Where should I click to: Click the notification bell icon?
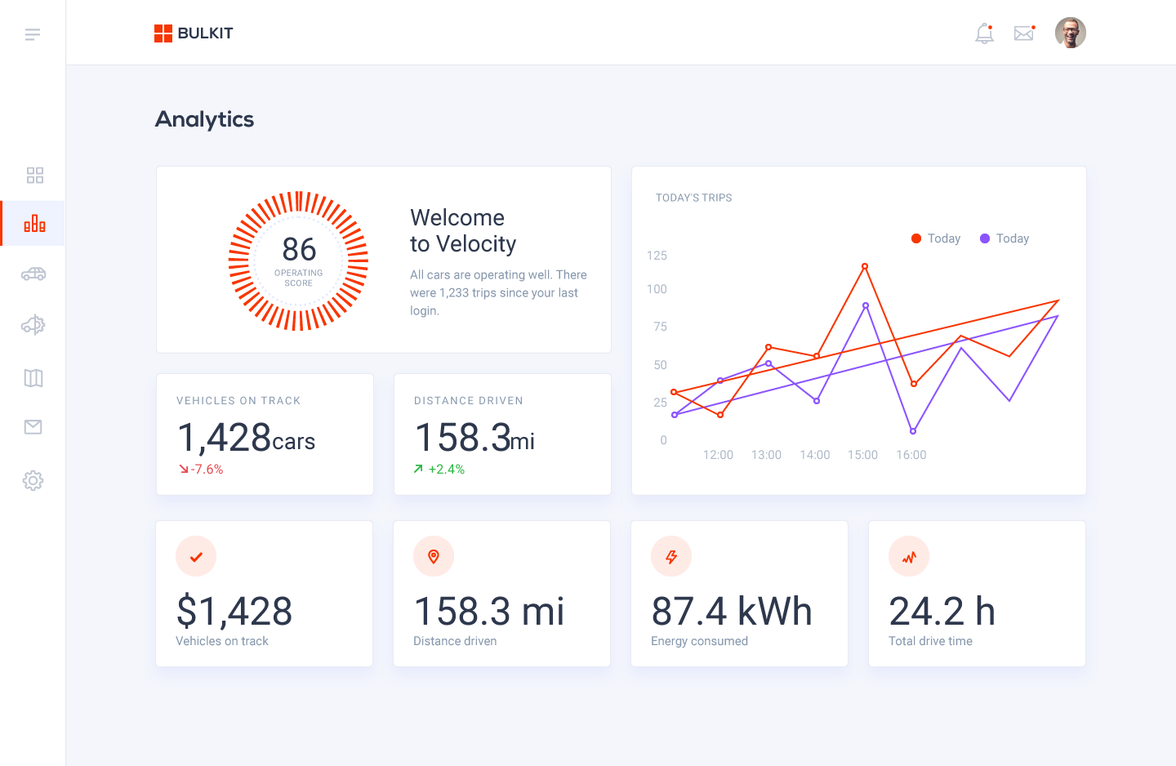[984, 33]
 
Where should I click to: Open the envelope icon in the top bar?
[1023, 33]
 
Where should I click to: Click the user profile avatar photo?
[1070, 33]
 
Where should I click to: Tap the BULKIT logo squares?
[163, 33]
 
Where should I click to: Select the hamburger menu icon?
[33, 34]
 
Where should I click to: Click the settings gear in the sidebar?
[33, 480]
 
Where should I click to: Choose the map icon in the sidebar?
[33, 378]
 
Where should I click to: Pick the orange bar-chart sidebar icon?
[34, 223]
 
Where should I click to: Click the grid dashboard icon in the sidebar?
[34, 176]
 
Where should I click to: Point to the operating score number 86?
[299, 249]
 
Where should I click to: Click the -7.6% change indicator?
[202, 470]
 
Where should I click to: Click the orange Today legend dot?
[916, 238]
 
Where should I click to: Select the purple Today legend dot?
[985, 238]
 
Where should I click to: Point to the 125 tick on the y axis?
[657, 256]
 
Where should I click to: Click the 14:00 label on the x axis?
[814, 455]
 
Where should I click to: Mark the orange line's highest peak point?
[865, 266]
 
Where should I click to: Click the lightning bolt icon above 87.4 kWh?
[671, 557]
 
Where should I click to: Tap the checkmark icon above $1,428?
[196, 557]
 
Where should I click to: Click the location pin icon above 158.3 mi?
[434, 557]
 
